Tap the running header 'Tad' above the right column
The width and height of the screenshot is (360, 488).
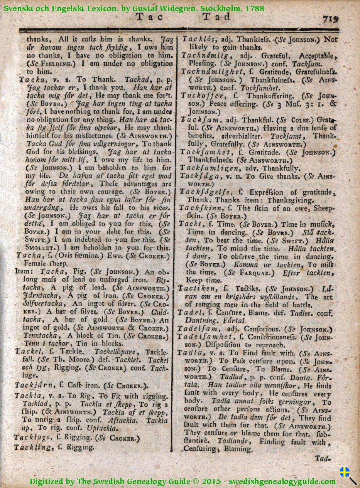(216, 17)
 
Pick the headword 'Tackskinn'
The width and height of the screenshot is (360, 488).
(200, 208)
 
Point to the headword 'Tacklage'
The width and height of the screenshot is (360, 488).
(32, 438)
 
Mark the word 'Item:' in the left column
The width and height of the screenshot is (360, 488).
(24, 271)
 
